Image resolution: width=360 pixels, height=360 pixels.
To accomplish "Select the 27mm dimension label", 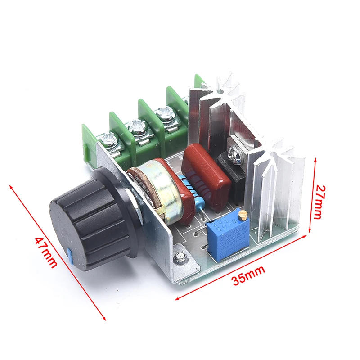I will point(318,201).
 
